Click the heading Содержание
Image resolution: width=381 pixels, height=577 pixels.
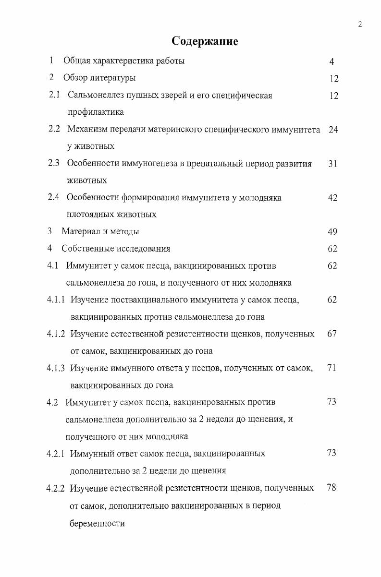[205, 42]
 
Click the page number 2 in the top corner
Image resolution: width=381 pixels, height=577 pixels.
[360, 25]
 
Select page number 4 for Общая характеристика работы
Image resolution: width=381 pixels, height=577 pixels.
[332, 61]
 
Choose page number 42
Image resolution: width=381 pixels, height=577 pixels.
[332, 198]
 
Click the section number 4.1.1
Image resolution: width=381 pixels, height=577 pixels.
[57, 300]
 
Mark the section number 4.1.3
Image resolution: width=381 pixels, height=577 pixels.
[57, 368]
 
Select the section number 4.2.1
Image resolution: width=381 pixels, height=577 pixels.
[57, 453]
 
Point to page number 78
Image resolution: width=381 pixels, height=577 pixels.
[332, 488]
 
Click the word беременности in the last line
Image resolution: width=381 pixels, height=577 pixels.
[98, 523]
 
